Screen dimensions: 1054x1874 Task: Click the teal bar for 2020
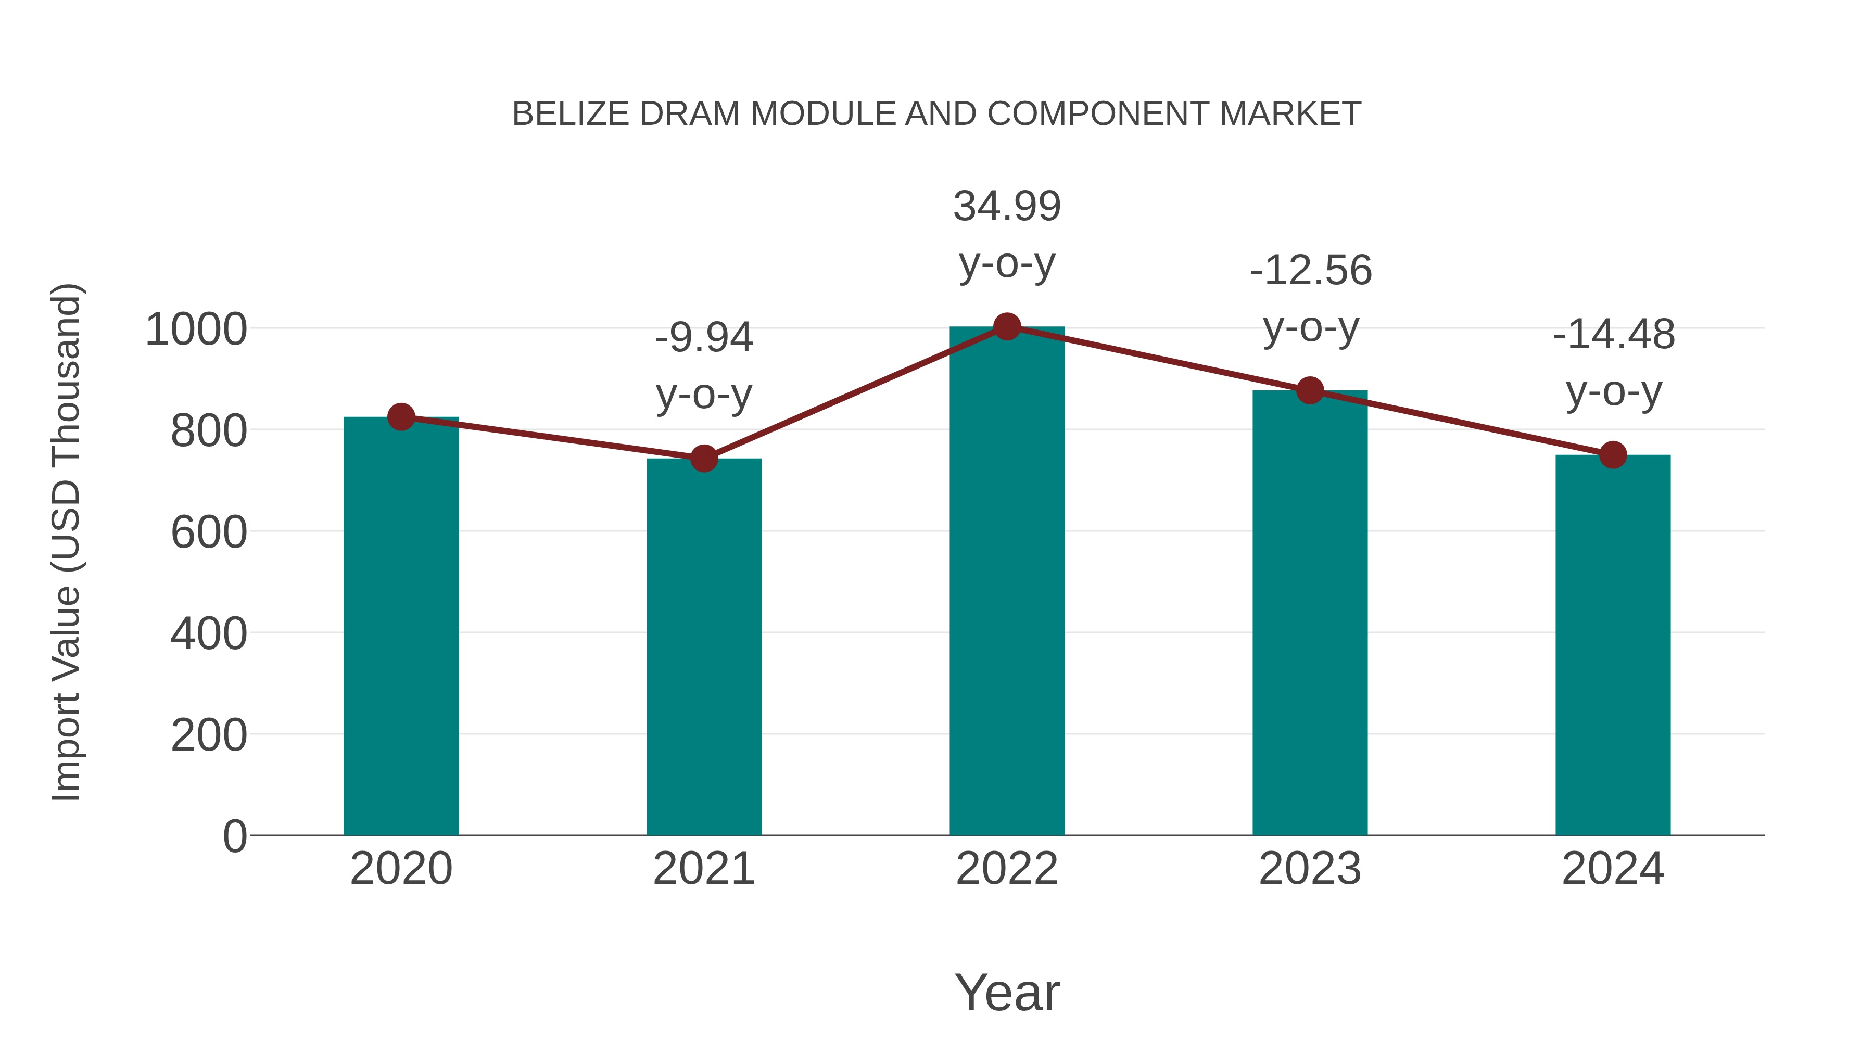(x=401, y=626)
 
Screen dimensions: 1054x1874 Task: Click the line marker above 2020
(x=401, y=417)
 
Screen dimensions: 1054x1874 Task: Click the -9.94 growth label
(x=703, y=338)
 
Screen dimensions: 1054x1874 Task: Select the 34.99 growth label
(x=1007, y=207)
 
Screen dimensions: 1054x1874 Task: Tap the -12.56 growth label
(x=1310, y=271)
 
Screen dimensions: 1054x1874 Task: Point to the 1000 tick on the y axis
(x=196, y=329)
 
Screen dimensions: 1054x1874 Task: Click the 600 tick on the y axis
(x=209, y=532)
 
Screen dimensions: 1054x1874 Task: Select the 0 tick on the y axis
(x=234, y=836)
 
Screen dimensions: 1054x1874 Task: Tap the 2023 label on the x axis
(x=1310, y=869)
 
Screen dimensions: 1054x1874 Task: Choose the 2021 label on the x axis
(x=703, y=869)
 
